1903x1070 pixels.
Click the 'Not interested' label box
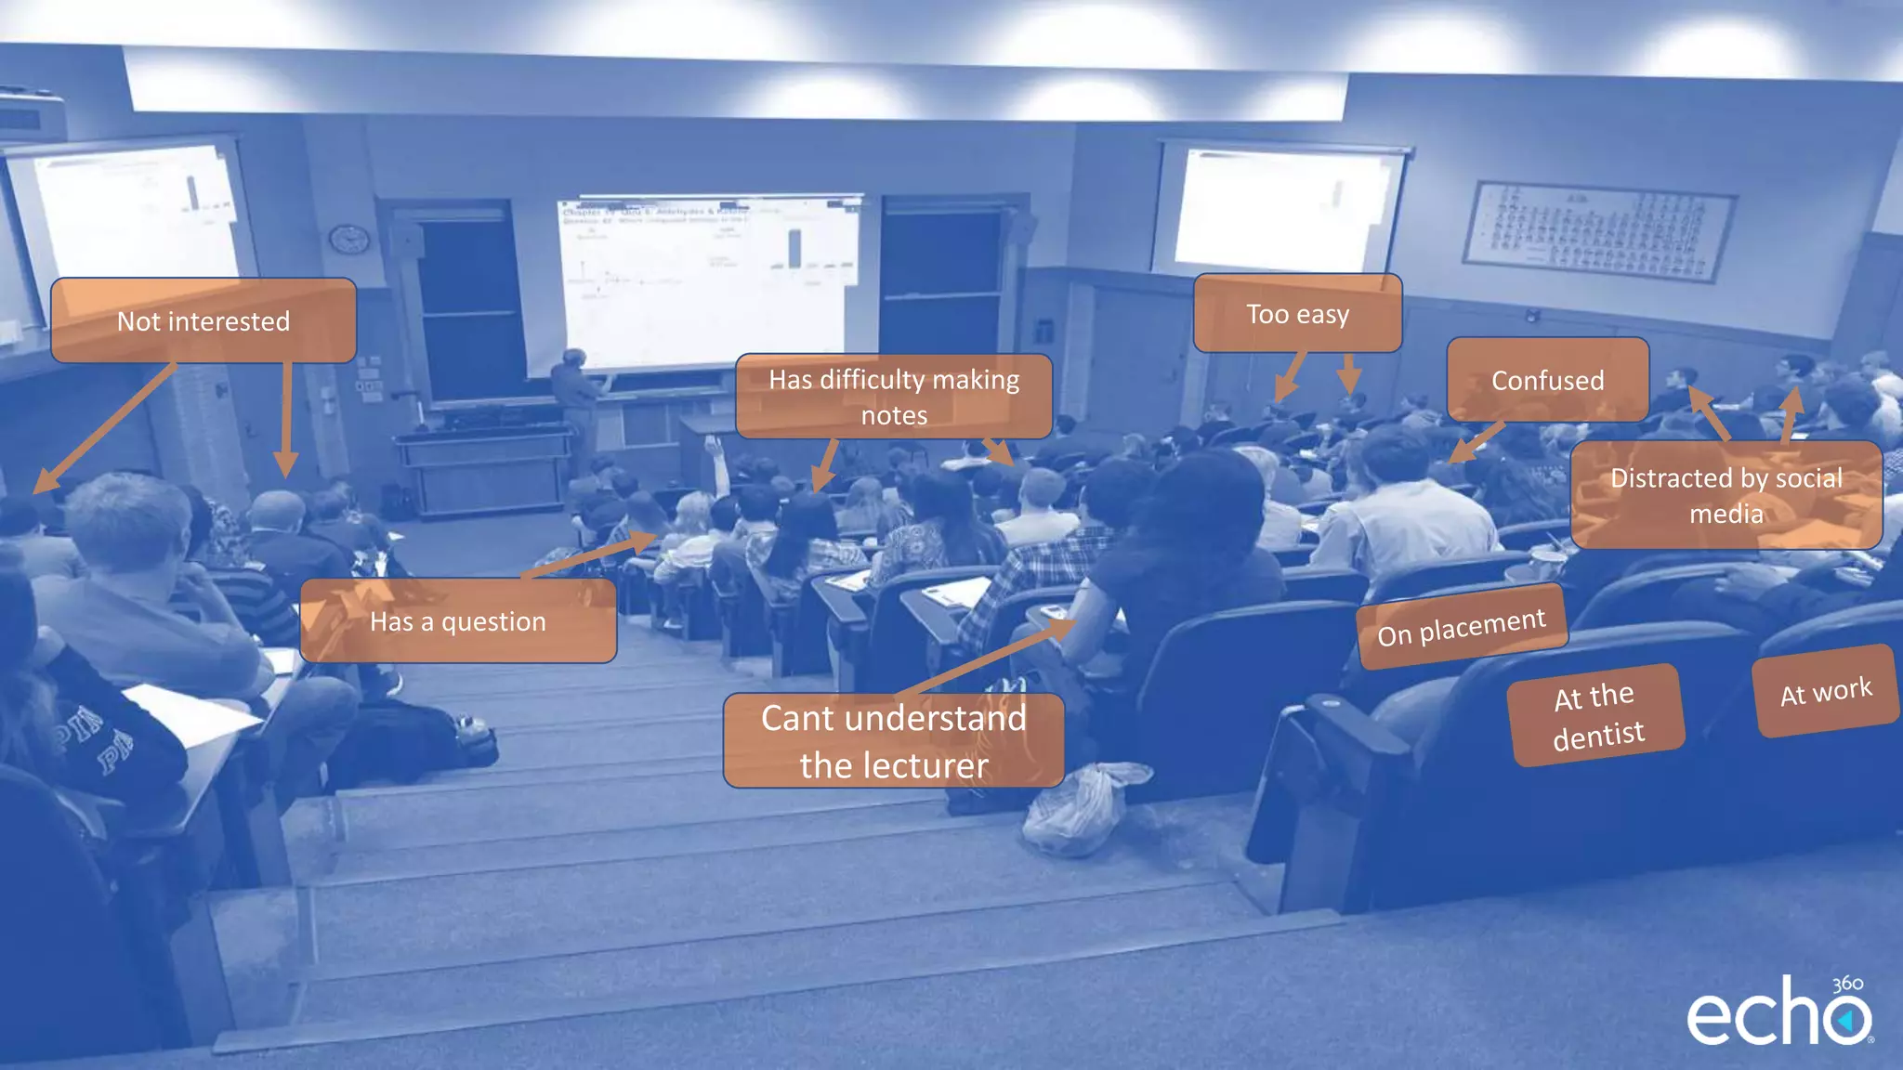click(x=203, y=320)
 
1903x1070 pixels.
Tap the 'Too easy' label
click(x=1297, y=314)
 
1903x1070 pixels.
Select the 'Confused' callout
click(x=1547, y=380)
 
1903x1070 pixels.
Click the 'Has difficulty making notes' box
click(x=894, y=397)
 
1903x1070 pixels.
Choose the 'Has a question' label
click(x=458, y=620)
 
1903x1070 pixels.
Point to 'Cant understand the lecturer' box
click(x=894, y=741)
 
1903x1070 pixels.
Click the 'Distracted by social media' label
click(x=1726, y=495)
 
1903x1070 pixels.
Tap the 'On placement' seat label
click(x=1462, y=627)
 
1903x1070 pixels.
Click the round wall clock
click(x=349, y=240)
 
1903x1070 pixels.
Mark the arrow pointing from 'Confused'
click(x=1477, y=442)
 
